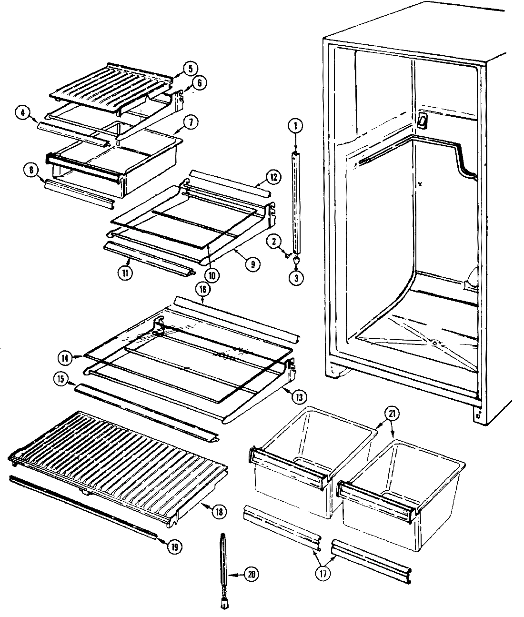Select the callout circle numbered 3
(x=295, y=278)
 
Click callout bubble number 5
(x=190, y=68)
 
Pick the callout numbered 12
(x=272, y=177)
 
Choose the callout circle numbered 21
(x=391, y=414)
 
